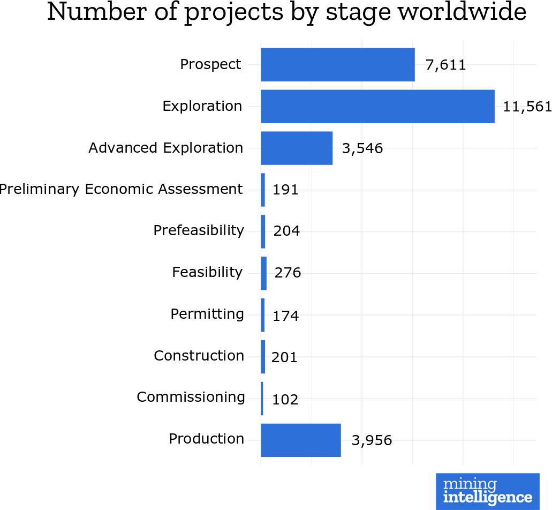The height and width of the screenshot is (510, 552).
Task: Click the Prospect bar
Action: pyautogui.click(x=337, y=65)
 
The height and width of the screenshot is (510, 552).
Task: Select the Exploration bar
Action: pyautogui.click(x=377, y=107)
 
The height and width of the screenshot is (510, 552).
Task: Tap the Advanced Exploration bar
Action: pyautogui.click(x=297, y=148)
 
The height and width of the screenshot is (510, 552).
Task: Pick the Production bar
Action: pyautogui.click(x=300, y=440)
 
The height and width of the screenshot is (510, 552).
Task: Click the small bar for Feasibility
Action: pyautogui.click(x=263, y=273)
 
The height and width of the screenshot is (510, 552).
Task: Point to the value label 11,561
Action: pyautogui.click(x=527, y=107)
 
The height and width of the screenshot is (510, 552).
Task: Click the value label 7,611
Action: pyautogui.click(x=445, y=65)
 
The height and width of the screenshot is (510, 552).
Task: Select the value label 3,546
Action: pyautogui.click(x=362, y=148)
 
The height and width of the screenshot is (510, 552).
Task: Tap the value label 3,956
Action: pyautogui.click(x=372, y=441)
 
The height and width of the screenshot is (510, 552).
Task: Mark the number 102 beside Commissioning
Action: pyautogui.click(x=285, y=399)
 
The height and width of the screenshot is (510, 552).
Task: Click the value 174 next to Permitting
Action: pyautogui.click(x=285, y=316)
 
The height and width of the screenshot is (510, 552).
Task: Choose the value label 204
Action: pyautogui.click(x=286, y=231)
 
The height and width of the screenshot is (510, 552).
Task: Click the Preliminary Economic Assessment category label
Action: pyautogui.click(x=121, y=189)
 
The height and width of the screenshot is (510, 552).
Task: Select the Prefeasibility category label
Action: pyautogui.click(x=199, y=230)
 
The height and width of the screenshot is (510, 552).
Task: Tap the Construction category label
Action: pyautogui.click(x=199, y=356)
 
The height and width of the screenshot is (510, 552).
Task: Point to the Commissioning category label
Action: pyautogui.click(x=191, y=397)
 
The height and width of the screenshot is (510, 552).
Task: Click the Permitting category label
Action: pyautogui.click(x=207, y=314)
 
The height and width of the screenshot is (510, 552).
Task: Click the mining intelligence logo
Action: pyautogui.click(x=487, y=491)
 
